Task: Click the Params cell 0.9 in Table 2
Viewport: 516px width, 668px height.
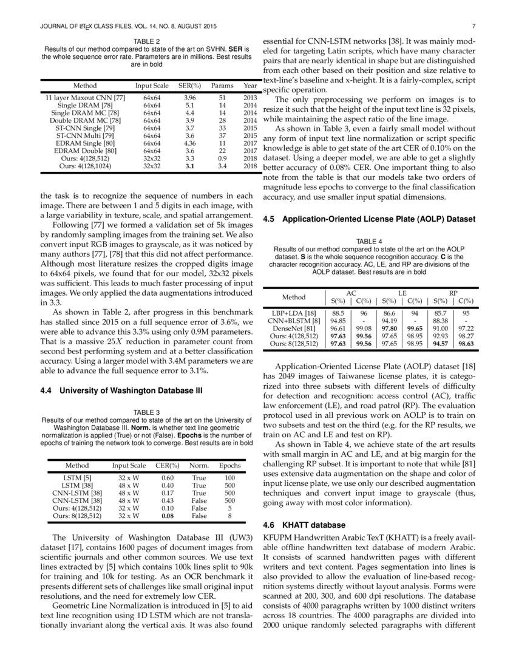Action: coord(222,157)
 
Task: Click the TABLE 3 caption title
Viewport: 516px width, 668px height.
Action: coord(146,412)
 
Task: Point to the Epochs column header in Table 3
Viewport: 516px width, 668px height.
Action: coord(229,466)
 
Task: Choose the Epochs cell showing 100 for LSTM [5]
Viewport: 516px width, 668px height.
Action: coord(229,478)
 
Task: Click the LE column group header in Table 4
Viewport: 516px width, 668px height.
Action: coord(402,293)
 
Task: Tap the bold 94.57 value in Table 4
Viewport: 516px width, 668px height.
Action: coord(440,343)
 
